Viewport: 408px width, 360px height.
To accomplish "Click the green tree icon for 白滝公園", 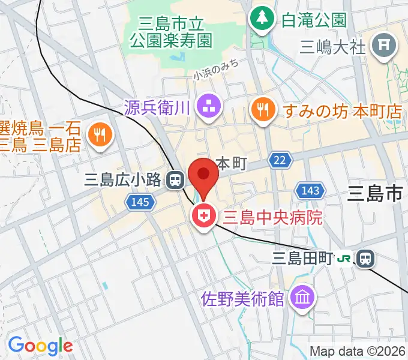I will click(x=262, y=19).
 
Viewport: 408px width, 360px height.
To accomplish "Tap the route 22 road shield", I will click(x=280, y=160).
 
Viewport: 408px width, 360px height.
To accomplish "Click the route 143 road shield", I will click(x=310, y=190).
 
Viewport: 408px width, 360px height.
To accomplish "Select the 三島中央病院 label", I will click(x=272, y=217).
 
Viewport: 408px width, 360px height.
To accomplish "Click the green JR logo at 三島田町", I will click(x=344, y=259).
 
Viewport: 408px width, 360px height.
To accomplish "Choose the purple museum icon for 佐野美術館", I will click(x=301, y=297).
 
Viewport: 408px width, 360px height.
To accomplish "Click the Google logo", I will click(x=40, y=345).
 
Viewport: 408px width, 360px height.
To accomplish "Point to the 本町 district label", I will click(x=231, y=164).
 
